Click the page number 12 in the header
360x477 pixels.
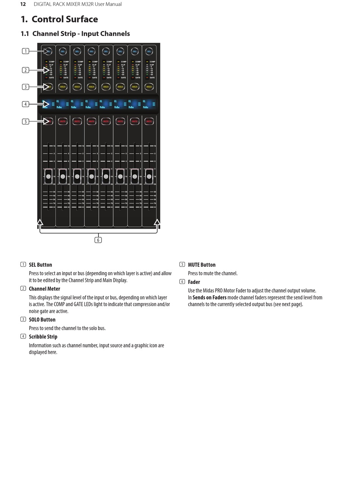coord(23,4)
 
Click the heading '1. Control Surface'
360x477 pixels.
coord(59,19)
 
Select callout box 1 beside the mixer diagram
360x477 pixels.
coord(25,51)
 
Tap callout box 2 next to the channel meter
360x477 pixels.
coord(25,70)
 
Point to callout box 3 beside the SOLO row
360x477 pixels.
coord(25,87)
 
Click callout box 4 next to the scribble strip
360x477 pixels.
coord(25,104)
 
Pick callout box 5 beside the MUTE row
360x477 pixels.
coord(25,122)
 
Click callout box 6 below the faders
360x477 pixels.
coord(98,240)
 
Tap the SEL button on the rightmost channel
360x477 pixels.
coord(149,51)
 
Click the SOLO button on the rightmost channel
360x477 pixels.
coord(149,87)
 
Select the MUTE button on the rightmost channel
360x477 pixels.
coord(149,121)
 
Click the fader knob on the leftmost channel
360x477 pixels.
coord(49,176)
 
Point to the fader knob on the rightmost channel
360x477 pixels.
coord(149,176)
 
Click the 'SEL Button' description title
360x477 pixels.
coord(40,265)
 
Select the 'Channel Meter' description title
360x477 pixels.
coord(44,288)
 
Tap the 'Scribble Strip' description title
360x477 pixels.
coord(43,337)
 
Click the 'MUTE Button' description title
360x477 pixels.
coord(202,265)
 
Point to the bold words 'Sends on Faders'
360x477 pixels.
coord(209,298)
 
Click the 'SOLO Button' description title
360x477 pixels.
coord(42,320)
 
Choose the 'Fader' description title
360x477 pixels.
coord(194,282)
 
